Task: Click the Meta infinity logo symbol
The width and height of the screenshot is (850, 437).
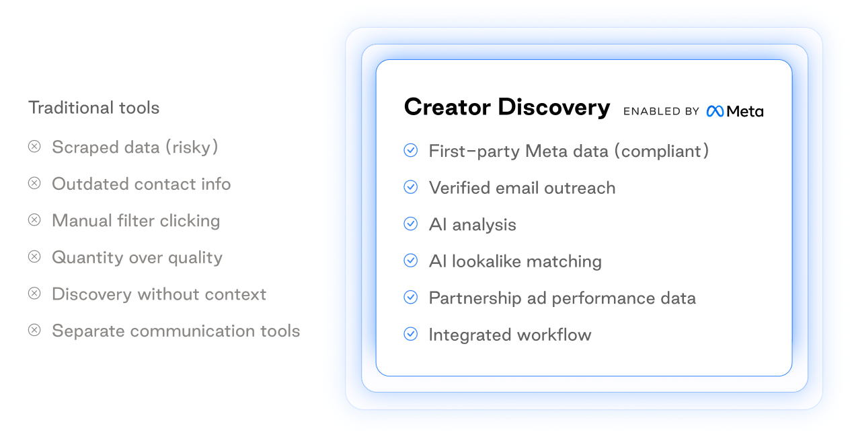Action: (x=715, y=111)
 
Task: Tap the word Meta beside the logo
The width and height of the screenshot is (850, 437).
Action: (x=745, y=111)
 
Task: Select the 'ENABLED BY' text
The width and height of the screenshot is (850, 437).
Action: (x=661, y=111)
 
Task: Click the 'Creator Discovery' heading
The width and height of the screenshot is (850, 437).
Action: (x=507, y=107)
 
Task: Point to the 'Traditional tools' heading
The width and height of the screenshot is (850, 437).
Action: (x=93, y=108)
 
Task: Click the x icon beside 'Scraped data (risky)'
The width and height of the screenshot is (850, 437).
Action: (x=34, y=146)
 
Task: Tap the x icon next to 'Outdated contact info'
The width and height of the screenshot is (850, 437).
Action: (x=34, y=183)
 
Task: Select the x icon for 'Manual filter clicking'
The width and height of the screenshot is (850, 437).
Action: (x=34, y=220)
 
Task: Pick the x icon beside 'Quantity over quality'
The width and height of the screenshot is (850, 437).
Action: (x=34, y=257)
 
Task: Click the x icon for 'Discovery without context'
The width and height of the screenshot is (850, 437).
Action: (x=34, y=294)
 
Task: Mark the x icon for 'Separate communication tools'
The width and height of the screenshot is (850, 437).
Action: (x=34, y=330)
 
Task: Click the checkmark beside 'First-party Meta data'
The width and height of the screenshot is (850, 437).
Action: (x=411, y=150)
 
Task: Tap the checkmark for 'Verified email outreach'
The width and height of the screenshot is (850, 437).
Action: (x=411, y=187)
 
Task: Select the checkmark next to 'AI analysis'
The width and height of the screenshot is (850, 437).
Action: (x=411, y=224)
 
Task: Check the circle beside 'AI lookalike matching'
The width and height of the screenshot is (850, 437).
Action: (x=411, y=261)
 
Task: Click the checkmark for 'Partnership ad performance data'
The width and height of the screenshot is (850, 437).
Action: (x=411, y=297)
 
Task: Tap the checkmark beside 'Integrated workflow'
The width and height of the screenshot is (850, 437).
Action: (x=411, y=333)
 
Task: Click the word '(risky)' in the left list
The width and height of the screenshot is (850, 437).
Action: (x=192, y=147)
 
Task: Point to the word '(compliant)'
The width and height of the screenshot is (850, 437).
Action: (x=662, y=151)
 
